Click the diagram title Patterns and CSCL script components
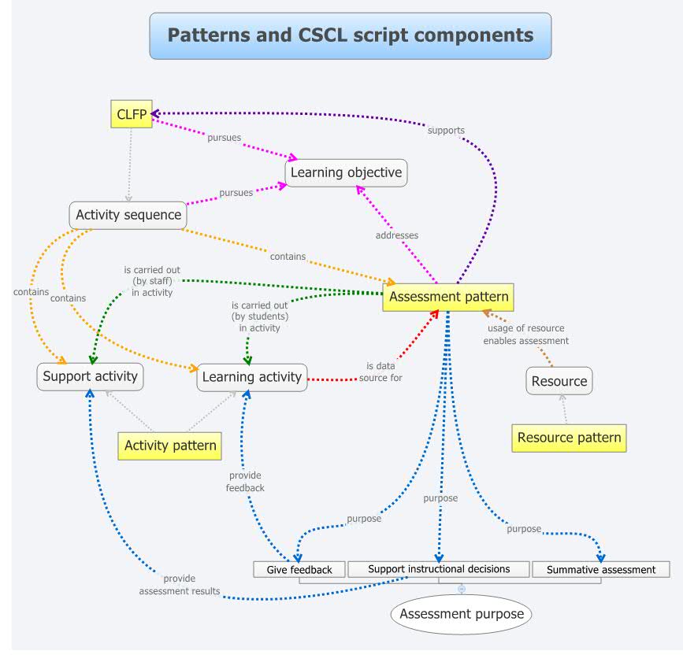coord(350,35)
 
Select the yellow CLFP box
coord(131,114)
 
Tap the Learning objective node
coord(346,172)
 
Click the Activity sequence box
coord(128,214)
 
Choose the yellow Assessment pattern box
coord(447,297)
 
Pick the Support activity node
coord(90,376)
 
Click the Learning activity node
coord(251,377)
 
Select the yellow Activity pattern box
coord(170,446)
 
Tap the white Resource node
coord(559,381)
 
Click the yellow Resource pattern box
coord(569,438)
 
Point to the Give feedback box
coord(299,569)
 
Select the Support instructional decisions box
coord(439,568)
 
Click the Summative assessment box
coord(601,569)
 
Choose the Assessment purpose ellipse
coord(462,613)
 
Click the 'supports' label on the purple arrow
coord(446,130)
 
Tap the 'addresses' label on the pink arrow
coord(396,235)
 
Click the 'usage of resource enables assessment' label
coord(525,335)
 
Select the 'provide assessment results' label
coord(180,585)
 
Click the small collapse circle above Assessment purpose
coord(462,589)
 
